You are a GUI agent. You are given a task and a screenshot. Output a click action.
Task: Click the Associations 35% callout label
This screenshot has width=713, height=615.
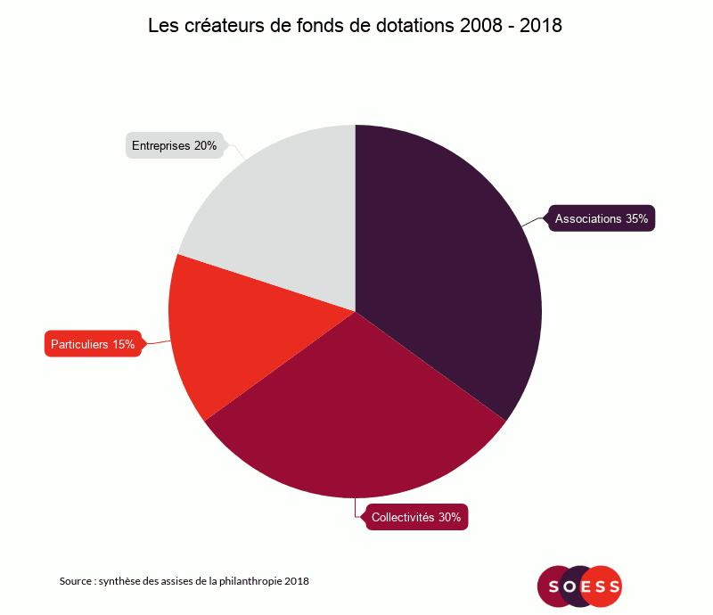(602, 218)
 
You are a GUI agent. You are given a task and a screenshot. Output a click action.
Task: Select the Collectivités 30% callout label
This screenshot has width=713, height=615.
(416, 517)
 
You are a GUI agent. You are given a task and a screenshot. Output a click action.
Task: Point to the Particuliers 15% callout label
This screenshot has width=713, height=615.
(93, 344)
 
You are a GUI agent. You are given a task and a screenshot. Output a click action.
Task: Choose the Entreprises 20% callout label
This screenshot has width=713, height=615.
(175, 145)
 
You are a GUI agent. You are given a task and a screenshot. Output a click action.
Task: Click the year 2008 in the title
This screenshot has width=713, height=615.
(481, 26)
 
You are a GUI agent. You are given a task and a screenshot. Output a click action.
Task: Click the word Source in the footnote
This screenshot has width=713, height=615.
(76, 581)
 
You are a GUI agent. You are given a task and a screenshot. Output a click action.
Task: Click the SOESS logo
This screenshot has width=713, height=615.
(579, 586)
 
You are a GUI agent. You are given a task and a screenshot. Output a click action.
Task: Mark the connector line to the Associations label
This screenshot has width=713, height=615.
(535, 220)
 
